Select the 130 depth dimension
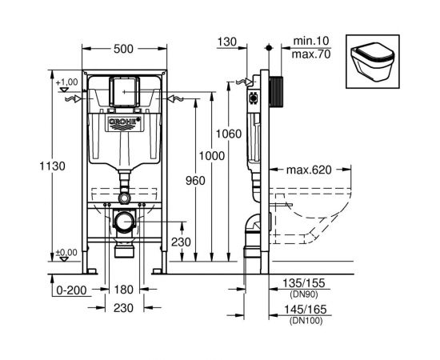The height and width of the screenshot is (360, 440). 227,42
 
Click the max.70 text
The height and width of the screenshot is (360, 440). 307,54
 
